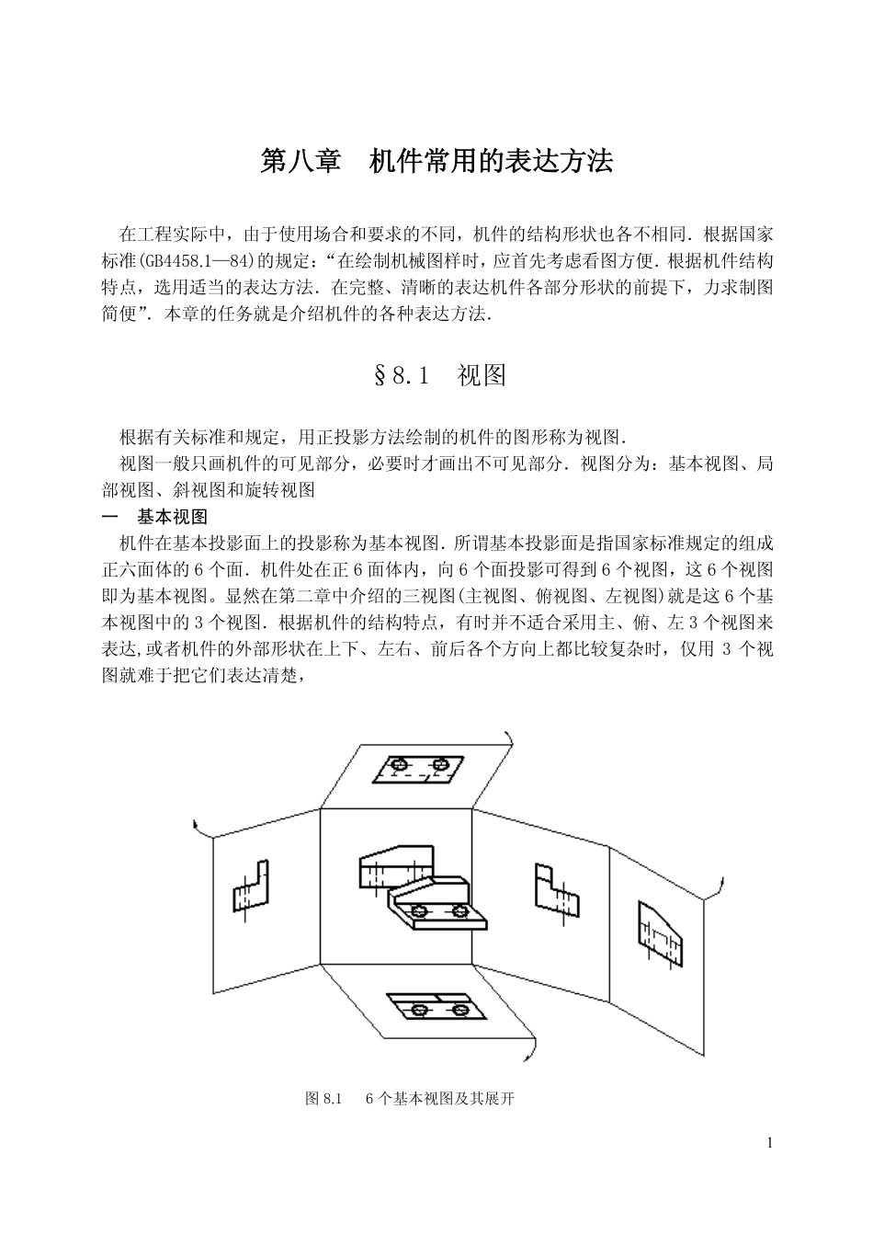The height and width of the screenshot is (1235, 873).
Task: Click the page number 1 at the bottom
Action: coord(769,1143)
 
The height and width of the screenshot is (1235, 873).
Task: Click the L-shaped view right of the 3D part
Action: coord(556,891)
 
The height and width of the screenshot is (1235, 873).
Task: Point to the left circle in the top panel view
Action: coord(399,765)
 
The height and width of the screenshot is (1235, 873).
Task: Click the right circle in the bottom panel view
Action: coord(460,1010)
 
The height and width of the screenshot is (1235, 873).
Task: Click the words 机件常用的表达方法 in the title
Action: coord(491,163)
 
